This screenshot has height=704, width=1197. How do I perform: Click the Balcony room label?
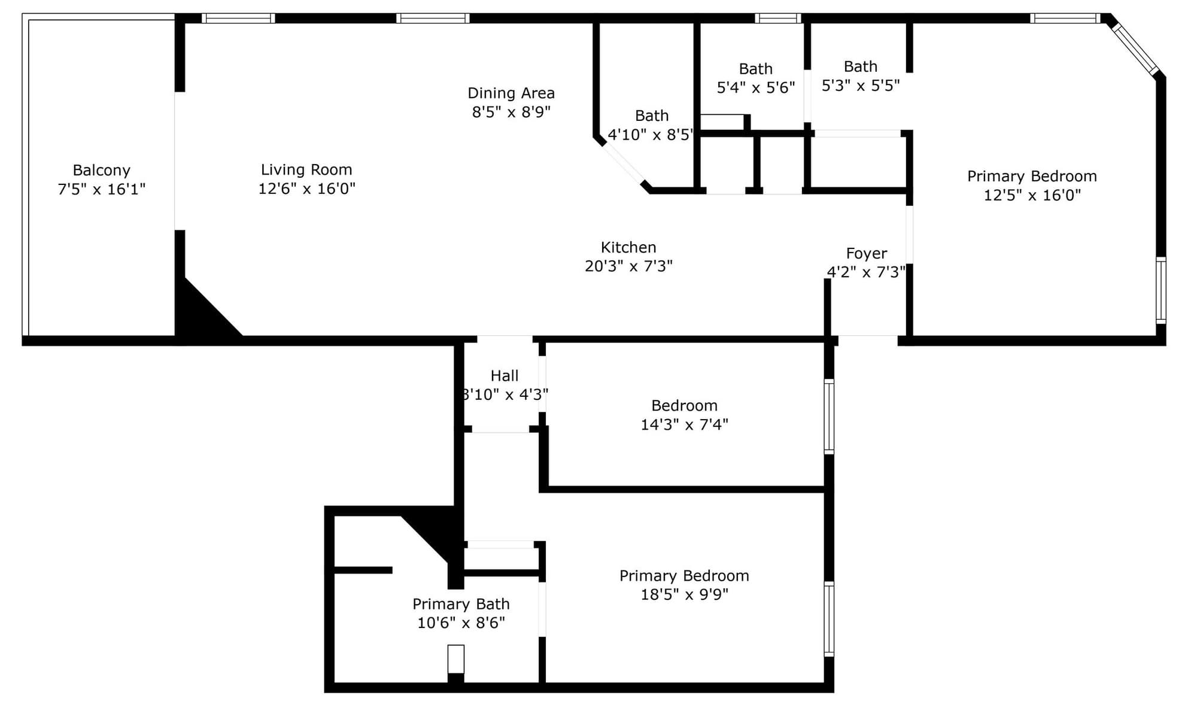coord(101,171)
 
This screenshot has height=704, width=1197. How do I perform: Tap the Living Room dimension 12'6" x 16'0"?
coord(306,189)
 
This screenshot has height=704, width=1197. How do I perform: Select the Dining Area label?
coord(511,93)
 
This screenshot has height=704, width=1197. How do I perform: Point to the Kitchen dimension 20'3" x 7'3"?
coord(628,266)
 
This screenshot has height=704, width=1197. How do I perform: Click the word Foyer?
coord(866,254)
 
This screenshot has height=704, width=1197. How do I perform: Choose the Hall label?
coord(505,376)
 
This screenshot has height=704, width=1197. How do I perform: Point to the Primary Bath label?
coord(461,604)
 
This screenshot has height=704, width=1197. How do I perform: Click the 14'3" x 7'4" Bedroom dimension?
coord(685,424)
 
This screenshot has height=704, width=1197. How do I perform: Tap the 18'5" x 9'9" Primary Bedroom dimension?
coord(685,594)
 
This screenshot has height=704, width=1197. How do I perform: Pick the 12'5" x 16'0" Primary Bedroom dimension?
coord(1032,195)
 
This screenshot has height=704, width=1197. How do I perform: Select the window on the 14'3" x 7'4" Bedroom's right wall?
coord(829,417)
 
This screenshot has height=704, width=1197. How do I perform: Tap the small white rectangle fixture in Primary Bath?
coord(456,659)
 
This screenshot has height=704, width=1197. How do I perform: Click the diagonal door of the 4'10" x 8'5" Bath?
coord(624,163)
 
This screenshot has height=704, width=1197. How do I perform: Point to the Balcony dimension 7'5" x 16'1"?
coord(101,189)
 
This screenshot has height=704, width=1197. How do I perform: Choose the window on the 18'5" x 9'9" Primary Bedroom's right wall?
coord(829,619)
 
